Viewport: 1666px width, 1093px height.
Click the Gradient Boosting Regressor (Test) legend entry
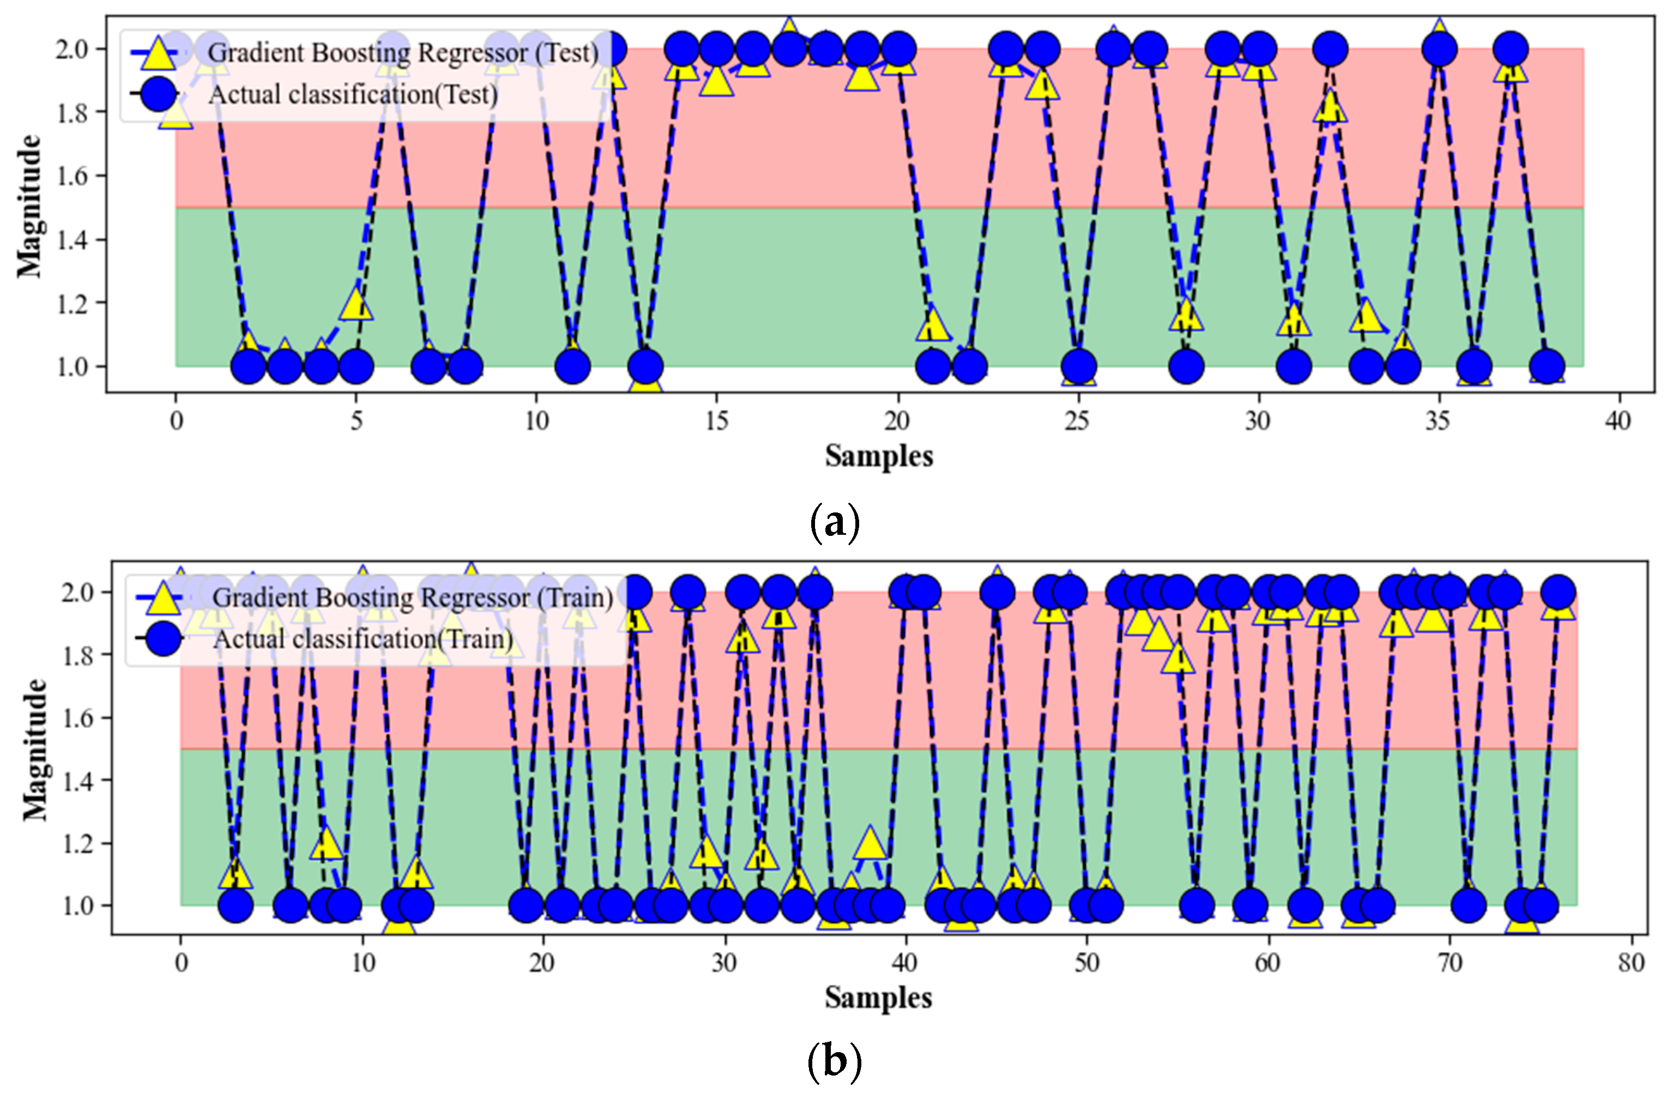(402, 53)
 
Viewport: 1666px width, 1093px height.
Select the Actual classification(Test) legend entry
(353, 94)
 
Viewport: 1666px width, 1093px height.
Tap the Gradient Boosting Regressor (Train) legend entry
(412, 597)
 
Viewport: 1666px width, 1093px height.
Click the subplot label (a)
(834, 522)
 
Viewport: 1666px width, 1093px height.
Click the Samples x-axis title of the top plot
(878, 456)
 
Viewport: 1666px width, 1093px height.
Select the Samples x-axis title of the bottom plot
(878, 998)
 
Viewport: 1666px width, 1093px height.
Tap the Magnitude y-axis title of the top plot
(29, 207)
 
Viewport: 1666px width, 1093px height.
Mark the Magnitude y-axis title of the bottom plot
(34, 749)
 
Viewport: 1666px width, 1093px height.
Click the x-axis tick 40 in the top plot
(1617, 421)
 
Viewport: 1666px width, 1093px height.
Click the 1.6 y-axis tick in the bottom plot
(77, 718)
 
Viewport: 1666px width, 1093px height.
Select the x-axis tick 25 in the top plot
(1077, 421)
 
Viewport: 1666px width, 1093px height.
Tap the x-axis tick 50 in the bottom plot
(1086, 963)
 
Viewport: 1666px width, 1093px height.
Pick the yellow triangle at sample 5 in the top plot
(357, 304)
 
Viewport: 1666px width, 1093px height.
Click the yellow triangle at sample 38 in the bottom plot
(870, 842)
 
